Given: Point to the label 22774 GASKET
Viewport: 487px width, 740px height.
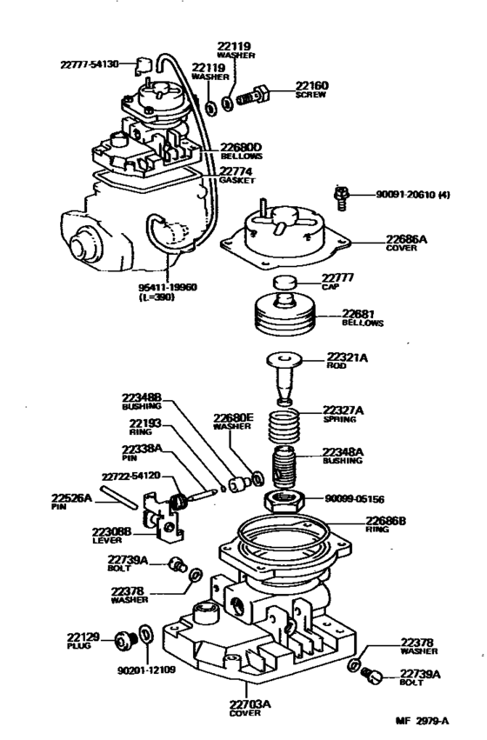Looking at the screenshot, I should click(237, 175).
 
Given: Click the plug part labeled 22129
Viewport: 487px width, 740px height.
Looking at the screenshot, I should click(123, 642).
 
